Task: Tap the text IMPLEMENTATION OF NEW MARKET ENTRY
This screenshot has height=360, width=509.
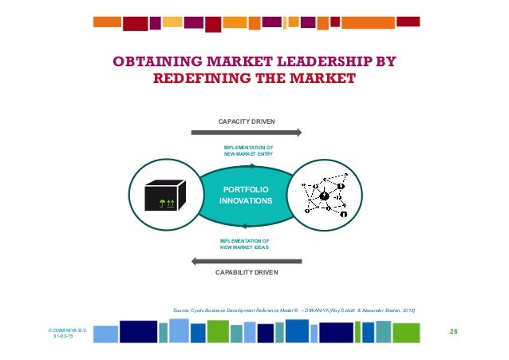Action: click(x=249, y=151)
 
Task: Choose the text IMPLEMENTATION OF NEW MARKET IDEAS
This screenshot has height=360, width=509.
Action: click(x=244, y=243)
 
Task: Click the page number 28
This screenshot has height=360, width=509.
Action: click(x=453, y=330)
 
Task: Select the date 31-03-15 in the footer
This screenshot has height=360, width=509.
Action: click(x=62, y=336)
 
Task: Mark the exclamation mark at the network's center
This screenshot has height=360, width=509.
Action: click(x=324, y=196)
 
